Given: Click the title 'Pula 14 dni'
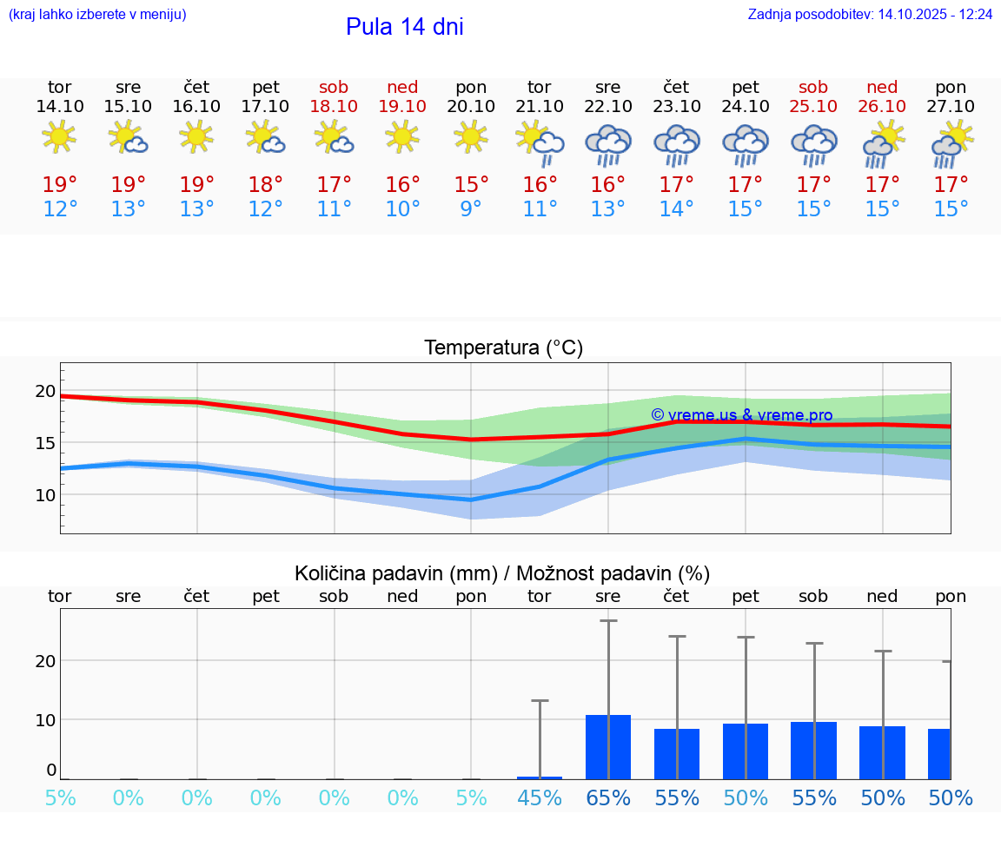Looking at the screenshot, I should (404, 27).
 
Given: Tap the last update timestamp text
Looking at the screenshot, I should (870, 15).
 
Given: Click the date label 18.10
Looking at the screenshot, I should (334, 106).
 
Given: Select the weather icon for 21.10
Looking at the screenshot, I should (540, 142).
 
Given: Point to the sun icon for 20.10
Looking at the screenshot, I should (471, 136).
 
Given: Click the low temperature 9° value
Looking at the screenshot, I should (471, 209).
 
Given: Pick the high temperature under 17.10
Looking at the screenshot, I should (265, 184).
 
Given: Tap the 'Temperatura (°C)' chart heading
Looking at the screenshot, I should (503, 347).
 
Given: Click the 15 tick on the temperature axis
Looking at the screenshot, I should (45, 443).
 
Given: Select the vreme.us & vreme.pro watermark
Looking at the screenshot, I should (742, 415).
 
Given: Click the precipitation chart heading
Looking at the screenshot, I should (502, 573).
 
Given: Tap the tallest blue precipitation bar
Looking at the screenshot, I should (608, 746).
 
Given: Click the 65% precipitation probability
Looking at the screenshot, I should (608, 797).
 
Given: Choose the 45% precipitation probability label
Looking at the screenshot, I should (540, 797).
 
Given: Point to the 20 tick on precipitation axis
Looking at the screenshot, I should (45, 660).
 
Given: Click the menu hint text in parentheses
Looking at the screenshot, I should (96, 15).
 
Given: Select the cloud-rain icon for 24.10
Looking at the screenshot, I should (745, 144).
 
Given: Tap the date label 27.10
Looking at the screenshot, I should (951, 106).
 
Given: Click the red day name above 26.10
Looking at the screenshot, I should (882, 88).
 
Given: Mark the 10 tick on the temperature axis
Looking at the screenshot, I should (45, 495).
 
